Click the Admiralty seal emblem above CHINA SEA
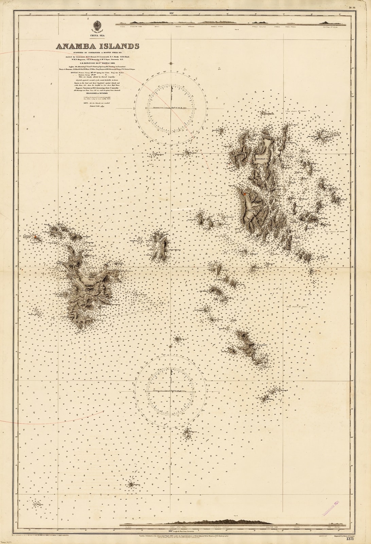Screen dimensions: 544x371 (x=96, y=26)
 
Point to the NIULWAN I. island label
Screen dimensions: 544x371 (x=262, y=159)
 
